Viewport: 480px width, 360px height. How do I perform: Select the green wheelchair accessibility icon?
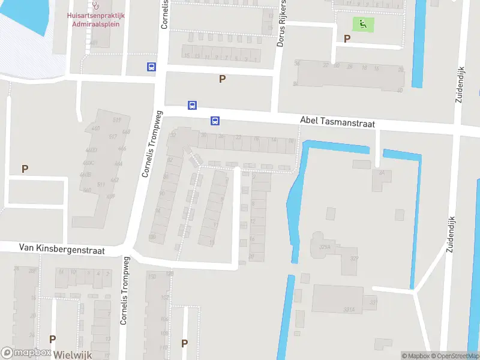click(362, 25)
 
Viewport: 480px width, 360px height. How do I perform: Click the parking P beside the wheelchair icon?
click(347, 38)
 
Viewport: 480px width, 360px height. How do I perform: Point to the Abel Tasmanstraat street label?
click(337, 122)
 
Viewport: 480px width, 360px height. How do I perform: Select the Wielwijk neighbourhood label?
click(73, 355)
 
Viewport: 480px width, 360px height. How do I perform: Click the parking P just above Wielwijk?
click(52, 339)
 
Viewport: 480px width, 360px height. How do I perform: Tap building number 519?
click(116, 121)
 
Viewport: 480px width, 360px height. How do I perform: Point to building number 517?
click(113, 137)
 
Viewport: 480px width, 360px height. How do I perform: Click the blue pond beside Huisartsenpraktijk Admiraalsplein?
click(24, 15)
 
